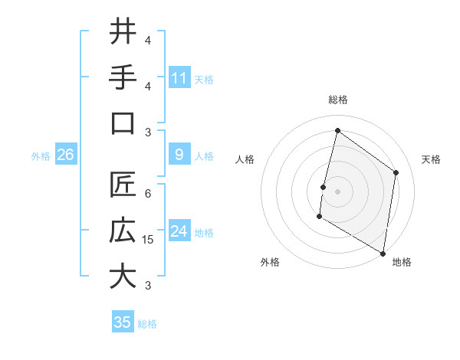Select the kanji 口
tap(123, 123)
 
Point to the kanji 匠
tap(123, 185)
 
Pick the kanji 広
tap(123, 231)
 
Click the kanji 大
tap(123, 277)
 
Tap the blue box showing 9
tap(179, 155)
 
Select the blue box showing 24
tap(179, 231)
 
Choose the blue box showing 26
tap(65, 155)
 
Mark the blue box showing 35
tap(123, 322)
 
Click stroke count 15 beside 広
tap(149, 240)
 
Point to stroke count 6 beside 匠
tap(148, 194)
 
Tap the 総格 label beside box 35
tap(147, 323)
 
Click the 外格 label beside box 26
tap(41, 156)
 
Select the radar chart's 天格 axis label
tap(431, 159)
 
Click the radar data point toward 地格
tap(383, 253)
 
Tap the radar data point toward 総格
tap(337, 131)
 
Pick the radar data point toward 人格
tap(324, 187)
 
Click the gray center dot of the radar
tap(337, 191)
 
